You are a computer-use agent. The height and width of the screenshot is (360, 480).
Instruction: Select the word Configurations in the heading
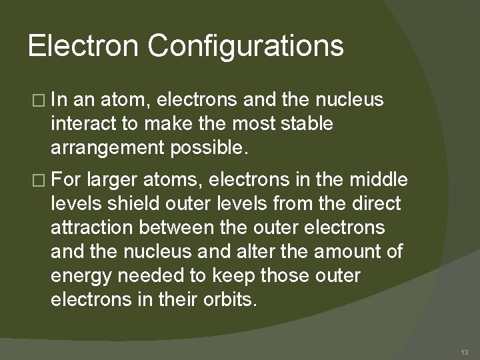tap(245, 47)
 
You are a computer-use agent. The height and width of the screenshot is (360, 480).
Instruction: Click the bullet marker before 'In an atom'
tap(36, 100)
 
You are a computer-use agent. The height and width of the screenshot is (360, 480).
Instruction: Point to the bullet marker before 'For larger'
tap(36, 179)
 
